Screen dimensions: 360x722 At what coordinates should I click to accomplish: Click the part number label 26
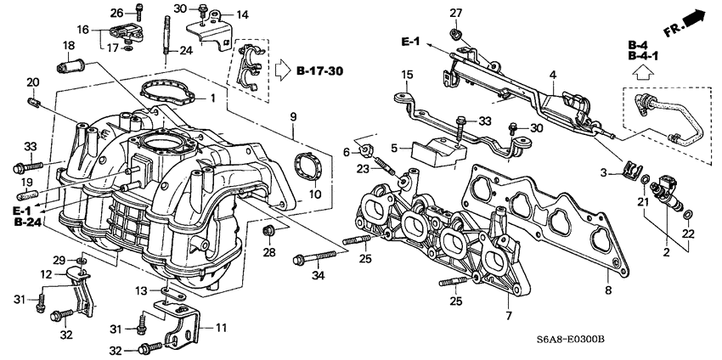pos(117,12)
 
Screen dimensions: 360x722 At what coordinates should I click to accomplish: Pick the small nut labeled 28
pos(269,230)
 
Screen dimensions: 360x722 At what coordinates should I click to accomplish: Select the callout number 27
pos(455,12)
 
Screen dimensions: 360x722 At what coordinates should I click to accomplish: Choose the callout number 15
pos(407,76)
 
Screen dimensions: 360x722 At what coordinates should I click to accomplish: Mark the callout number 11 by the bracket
pos(221,327)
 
